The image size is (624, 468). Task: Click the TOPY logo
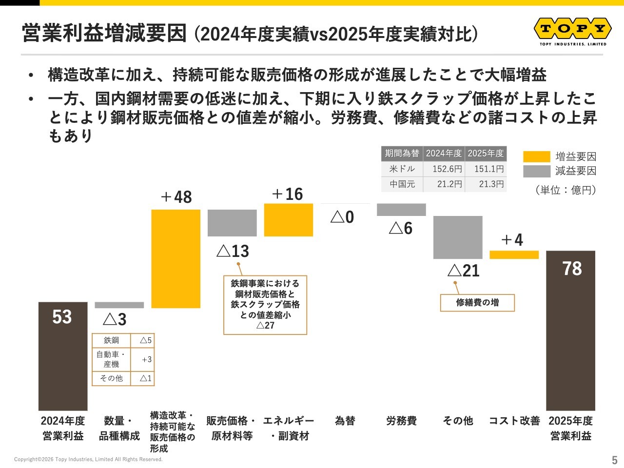tap(573, 32)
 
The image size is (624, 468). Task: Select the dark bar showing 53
tap(63, 356)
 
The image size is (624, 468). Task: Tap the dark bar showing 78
tap(570, 331)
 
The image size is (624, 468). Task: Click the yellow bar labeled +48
tap(175, 258)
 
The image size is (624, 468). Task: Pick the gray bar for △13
tap(232, 223)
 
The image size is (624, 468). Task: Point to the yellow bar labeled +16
tap(289, 220)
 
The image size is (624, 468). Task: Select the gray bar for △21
tap(458, 237)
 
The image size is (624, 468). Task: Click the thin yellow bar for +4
tap(514, 254)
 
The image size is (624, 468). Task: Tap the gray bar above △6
tap(401, 210)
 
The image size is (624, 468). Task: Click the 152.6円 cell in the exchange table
tap(444, 169)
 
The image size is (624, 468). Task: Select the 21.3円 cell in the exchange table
tap(486, 184)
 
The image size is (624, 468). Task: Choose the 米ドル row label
tap(402, 169)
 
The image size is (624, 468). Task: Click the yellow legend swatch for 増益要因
tap(537, 156)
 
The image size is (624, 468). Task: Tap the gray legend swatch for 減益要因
tap(537, 171)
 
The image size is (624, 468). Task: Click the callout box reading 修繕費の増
tap(477, 303)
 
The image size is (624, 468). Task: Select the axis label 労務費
tap(401, 421)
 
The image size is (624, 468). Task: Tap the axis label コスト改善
tap(514, 421)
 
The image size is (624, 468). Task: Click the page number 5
tap(615, 460)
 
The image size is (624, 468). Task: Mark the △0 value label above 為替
tap(342, 217)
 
